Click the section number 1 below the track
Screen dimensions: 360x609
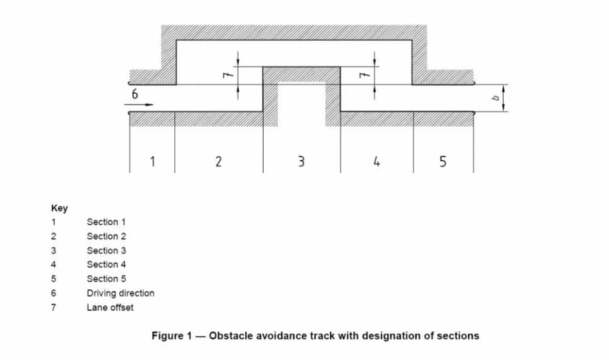[x=152, y=161]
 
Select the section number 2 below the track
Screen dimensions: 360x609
[x=218, y=161]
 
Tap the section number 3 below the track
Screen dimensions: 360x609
[x=301, y=161]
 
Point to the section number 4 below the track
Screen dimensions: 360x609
[x=377, y=161]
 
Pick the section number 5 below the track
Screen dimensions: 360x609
[x=443, y=161]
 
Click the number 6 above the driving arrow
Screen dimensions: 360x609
[x=135, y=94]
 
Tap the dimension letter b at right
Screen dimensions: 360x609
[x=496, y=97]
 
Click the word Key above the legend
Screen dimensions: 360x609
[x=59, y=208]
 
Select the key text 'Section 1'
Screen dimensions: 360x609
[x=106, y=222]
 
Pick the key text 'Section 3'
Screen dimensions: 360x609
[x=106, y=250]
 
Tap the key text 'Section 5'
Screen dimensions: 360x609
[x=106, y=279]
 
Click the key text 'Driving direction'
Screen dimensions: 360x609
[x=121, y=293]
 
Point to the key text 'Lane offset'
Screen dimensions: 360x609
[x=110, y=308]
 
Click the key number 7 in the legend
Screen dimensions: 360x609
[x=53, y=308]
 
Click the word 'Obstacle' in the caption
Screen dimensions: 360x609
[x=231, y=336]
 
